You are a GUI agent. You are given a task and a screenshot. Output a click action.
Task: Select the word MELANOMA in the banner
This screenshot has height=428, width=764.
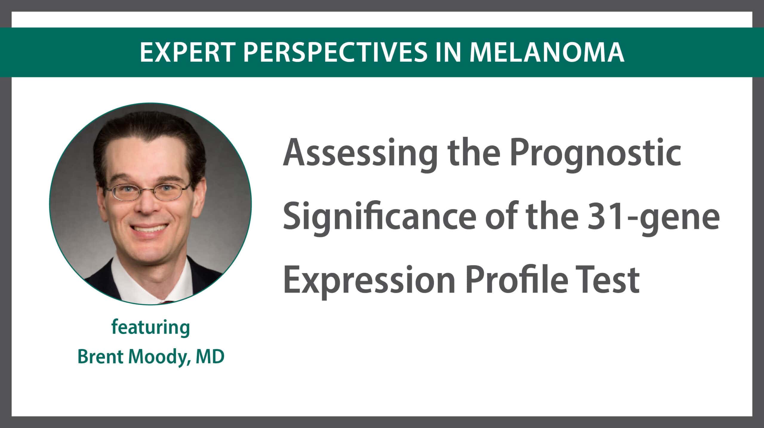(x=547, y=53)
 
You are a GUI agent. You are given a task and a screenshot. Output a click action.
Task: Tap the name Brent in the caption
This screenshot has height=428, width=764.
(x=101, y=357)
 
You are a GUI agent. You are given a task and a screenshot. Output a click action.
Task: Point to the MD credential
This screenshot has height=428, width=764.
(x=210, y=357)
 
